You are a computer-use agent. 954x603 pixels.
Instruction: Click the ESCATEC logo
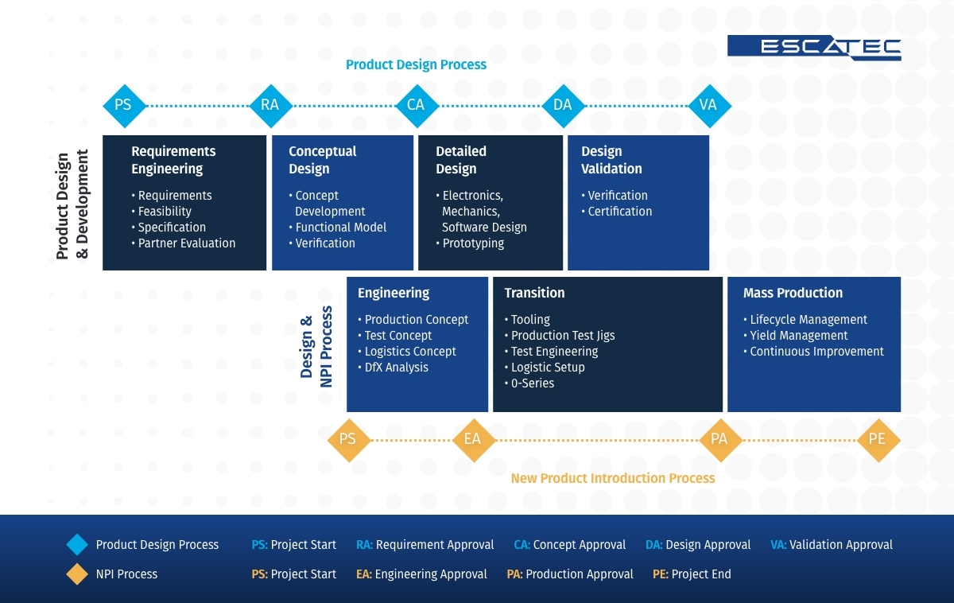coord(814,48)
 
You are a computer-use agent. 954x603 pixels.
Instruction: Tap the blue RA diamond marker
coord(270,105)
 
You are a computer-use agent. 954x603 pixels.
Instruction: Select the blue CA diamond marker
coord(416,105)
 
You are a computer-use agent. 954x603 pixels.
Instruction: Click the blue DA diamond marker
coord(563,105)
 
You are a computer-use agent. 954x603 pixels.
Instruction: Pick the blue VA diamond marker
coord(708,105)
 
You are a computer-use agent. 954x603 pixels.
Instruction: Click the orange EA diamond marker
coord(472,439)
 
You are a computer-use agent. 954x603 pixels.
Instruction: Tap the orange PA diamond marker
coord(719,439)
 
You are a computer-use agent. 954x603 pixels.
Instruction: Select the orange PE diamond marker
coord(877,439)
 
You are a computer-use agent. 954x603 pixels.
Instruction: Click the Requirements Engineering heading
coord(173,160)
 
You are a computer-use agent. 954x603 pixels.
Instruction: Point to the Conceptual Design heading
coord(322,160)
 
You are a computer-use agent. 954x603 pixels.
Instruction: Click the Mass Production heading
coord(793,293)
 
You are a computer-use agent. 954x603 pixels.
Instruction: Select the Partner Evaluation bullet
coord(186,243)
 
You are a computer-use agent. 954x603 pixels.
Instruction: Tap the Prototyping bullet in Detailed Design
coord(473,243)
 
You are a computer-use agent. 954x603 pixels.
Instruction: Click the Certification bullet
coord(619,212)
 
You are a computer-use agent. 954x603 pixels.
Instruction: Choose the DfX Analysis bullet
coord(396,368)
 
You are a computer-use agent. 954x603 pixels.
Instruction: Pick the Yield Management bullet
coord(798,336)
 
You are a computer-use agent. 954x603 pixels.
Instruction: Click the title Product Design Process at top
coord(416,64)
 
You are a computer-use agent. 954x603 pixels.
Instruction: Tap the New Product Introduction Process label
coord(612,478)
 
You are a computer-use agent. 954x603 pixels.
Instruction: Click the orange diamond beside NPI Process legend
coord(77,574)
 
